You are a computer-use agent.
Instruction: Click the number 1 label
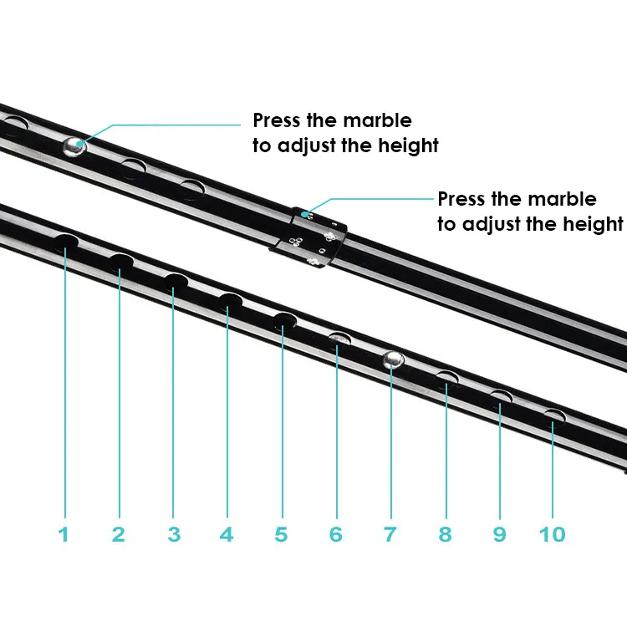pyautogui.click(x=64, y=533)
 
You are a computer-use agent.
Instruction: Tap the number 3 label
pyautogui.click(x=173, y=533)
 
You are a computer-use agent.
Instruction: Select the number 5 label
pyautogui.click(x=281, y=533)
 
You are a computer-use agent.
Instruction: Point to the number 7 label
pyautogui.click(x=390, y=533)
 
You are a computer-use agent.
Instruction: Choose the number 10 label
pyautogui.click(x=553, y=533)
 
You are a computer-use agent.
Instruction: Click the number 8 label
pyautogui.click(x=445, y=533)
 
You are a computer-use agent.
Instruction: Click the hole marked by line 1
pyautogui.click(x=66, y=242)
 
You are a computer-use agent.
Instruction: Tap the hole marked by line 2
pyautogui.click(x=120, y=262)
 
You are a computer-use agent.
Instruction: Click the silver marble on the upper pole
pyautogui.click(x=74, y=145)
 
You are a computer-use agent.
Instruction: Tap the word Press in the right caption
pyautogui.click(x=461, y=199)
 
